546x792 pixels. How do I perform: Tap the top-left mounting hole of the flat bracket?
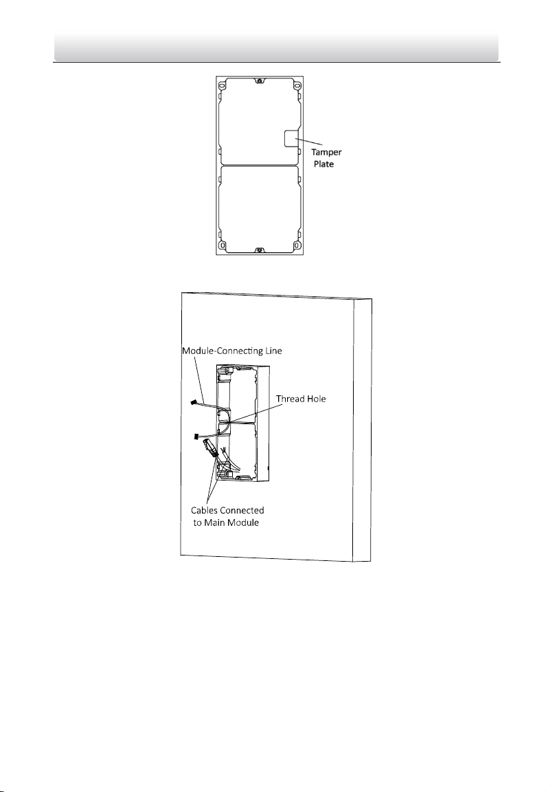(x=220, y=86)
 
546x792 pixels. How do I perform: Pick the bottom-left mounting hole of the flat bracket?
(x=220, y=245)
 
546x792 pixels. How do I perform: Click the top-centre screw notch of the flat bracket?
(x=258, y=81)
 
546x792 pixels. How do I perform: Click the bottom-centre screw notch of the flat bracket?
(x=258, y=250)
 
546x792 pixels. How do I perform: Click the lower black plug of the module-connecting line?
(x=198, y=436)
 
